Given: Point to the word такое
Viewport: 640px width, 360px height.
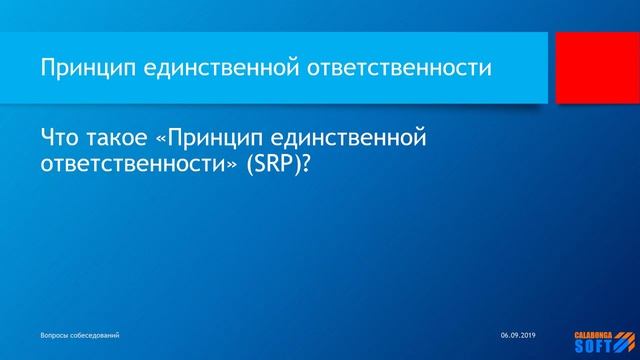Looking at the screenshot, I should (x=125, y=136).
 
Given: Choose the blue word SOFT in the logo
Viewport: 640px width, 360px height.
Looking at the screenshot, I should (x=594, y=345).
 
